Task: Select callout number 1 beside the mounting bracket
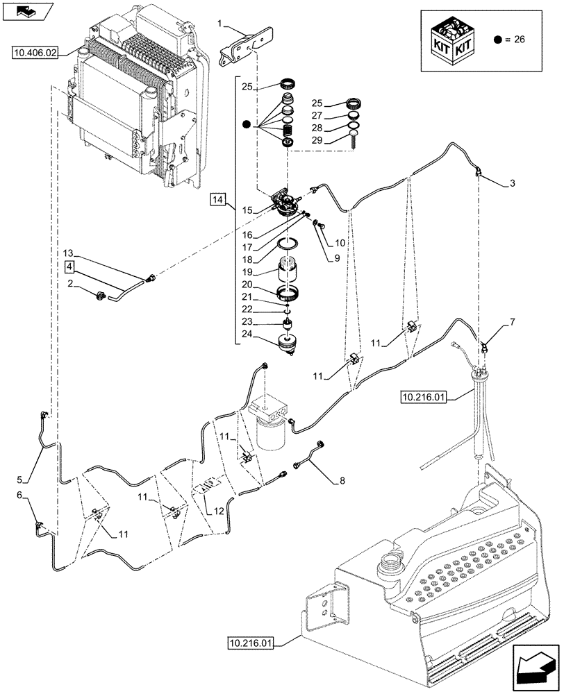221,26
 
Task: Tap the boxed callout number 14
218,200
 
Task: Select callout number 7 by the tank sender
512,323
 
